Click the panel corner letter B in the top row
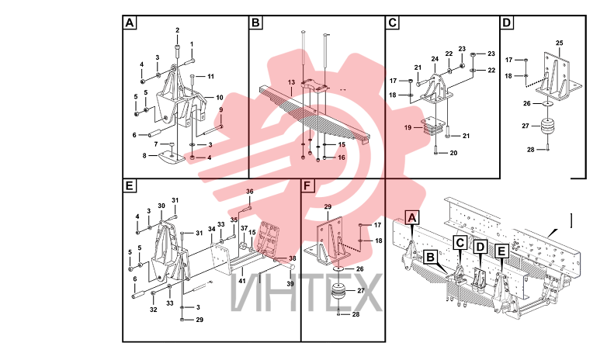coord(255,22)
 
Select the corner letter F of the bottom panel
coord(307,186)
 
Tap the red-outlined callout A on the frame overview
coord(411,217)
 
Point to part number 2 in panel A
coord(178,30)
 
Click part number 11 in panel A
coord(210,76)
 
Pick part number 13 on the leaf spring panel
coord(291,82)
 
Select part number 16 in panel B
coord(342,157)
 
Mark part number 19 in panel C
coord(408,127)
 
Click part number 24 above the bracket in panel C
coord(435,59)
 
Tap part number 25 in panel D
coord(559,43)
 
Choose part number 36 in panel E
coord(250,192)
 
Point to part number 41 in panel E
coord(242,281)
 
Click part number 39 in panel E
coord(290,284)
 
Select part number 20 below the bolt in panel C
coord(453,153)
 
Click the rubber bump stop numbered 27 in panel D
coord(548,127)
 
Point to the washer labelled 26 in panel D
coord(547,104)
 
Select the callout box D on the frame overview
coord(480,247)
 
